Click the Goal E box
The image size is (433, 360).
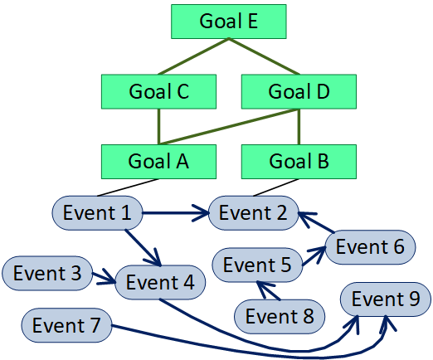click(x=229, y=22)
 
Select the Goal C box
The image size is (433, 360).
click(x=159, y=92)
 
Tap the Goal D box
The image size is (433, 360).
click(x=299, y=92)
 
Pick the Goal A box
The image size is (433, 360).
click(x=159, y=162)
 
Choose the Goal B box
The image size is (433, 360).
click(x=299, y=162)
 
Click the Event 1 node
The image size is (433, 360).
click(x=98, y=213)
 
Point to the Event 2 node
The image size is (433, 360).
click(x=252, y=213)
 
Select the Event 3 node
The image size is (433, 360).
click(x=47, y=274)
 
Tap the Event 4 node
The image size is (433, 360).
click(x=161, y=283)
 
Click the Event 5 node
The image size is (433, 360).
click(x=257, y=265)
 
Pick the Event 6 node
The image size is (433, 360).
click(x=370, y=246)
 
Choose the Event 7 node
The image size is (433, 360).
click(x=66, y=324)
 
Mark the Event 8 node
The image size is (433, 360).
click(x=279, y=316)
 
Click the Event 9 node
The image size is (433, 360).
click(x=386, y=299)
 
